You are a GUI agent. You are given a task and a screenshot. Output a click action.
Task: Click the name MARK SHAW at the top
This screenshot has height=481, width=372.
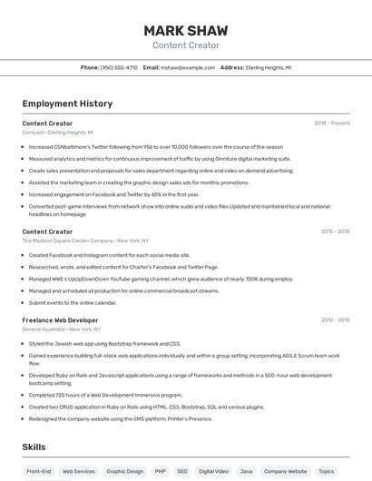186,31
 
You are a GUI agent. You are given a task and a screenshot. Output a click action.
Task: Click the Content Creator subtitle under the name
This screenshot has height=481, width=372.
186,45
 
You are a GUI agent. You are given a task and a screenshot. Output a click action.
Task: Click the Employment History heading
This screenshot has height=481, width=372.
67,103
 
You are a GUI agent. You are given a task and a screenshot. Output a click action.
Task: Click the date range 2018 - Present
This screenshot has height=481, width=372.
331,123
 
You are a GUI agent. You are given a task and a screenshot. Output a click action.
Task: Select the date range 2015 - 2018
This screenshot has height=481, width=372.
335,231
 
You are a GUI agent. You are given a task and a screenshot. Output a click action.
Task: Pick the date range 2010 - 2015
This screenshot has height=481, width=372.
335,320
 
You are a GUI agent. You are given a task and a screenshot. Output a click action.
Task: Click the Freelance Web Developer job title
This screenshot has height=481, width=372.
60,320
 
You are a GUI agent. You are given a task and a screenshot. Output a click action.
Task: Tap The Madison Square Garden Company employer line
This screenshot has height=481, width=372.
85,240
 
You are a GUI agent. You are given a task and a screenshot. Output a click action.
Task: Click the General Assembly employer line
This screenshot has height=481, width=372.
62,329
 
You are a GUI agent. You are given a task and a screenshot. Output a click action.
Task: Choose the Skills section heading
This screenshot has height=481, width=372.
34,447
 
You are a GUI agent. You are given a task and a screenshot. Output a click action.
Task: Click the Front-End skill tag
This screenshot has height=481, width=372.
39,471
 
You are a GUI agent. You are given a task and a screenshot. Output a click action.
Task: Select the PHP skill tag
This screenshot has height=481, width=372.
161,471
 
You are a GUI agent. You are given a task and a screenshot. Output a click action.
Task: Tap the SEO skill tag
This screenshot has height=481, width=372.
182,471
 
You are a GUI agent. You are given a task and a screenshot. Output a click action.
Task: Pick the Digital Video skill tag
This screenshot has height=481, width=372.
214,471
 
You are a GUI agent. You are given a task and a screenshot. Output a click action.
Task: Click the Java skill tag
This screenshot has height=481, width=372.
246,471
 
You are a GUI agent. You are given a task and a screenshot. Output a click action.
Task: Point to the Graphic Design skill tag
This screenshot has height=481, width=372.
125,471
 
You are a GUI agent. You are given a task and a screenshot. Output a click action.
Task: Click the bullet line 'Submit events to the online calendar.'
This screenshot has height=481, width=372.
73,302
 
